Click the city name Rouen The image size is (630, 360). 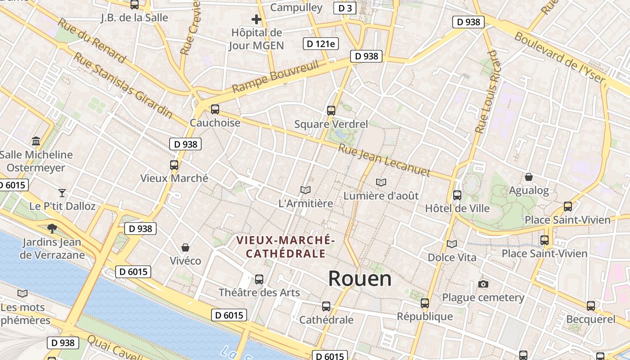point(360,279)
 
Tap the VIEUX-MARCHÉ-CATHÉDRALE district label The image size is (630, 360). point(286,247)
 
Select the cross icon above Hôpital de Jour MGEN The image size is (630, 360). point(256,19)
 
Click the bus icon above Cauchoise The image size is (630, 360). point(215,109)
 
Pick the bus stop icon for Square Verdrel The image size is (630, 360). point(331,110)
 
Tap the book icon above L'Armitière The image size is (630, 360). point(306,190)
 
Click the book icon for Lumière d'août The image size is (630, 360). point(381,182)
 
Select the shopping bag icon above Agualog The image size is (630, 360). point(529,177)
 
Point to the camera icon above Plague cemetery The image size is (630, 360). point(483,284)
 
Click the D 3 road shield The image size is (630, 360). point(345,8)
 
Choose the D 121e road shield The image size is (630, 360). point(321,44)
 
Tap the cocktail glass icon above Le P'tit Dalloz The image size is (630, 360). point(62,193)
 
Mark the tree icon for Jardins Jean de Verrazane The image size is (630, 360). point(52,228)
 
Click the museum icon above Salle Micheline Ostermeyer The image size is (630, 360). point(36,141)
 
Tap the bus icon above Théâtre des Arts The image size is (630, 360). point(259,279)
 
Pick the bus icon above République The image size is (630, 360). point(425,303)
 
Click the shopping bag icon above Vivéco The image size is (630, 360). point(185,247)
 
